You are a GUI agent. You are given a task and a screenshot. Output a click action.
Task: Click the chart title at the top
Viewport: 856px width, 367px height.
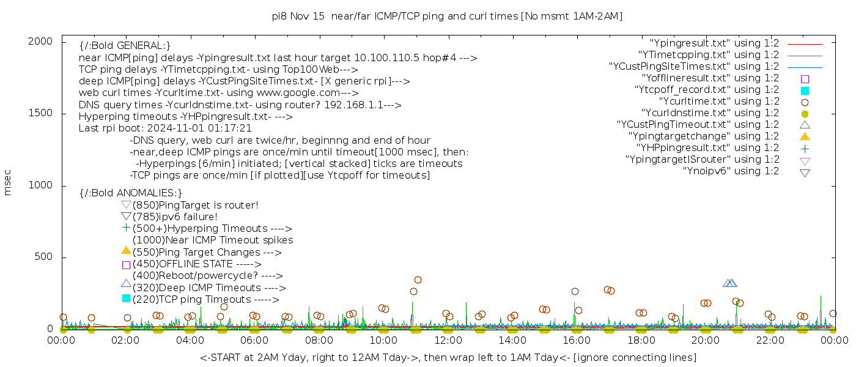(x=447, y=17)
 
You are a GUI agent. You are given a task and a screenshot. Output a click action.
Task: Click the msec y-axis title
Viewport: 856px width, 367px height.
(x=8, y=182)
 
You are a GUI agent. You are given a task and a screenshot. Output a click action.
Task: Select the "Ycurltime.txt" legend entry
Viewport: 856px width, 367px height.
(x=718, y=102)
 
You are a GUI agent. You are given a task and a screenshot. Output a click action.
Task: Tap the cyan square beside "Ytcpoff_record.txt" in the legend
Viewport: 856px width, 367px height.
(x=805, y=91)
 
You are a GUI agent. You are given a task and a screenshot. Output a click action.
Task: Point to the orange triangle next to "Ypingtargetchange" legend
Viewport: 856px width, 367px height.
(x=805, y=136)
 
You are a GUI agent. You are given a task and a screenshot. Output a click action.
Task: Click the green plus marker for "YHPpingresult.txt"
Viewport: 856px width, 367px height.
(x=805, y=148)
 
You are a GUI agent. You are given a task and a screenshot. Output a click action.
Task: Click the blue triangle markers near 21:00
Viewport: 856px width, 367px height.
(x=730, y=283)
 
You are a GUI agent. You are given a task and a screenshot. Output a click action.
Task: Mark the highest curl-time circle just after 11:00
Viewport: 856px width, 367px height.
(x=418, y=280)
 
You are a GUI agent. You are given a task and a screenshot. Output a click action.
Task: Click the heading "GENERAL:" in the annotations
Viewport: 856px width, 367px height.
(x=125, y=46)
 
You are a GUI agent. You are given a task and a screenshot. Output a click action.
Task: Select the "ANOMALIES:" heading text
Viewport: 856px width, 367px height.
(x=131, y=193)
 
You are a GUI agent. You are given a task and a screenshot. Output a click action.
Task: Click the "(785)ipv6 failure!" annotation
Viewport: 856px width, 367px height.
(x=175, y=217)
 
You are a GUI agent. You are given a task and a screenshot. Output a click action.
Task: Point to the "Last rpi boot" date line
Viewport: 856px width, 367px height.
(x=165, y=128)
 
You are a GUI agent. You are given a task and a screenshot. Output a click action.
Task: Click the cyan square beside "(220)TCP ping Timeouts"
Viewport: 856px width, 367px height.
(x=126, y=298)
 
